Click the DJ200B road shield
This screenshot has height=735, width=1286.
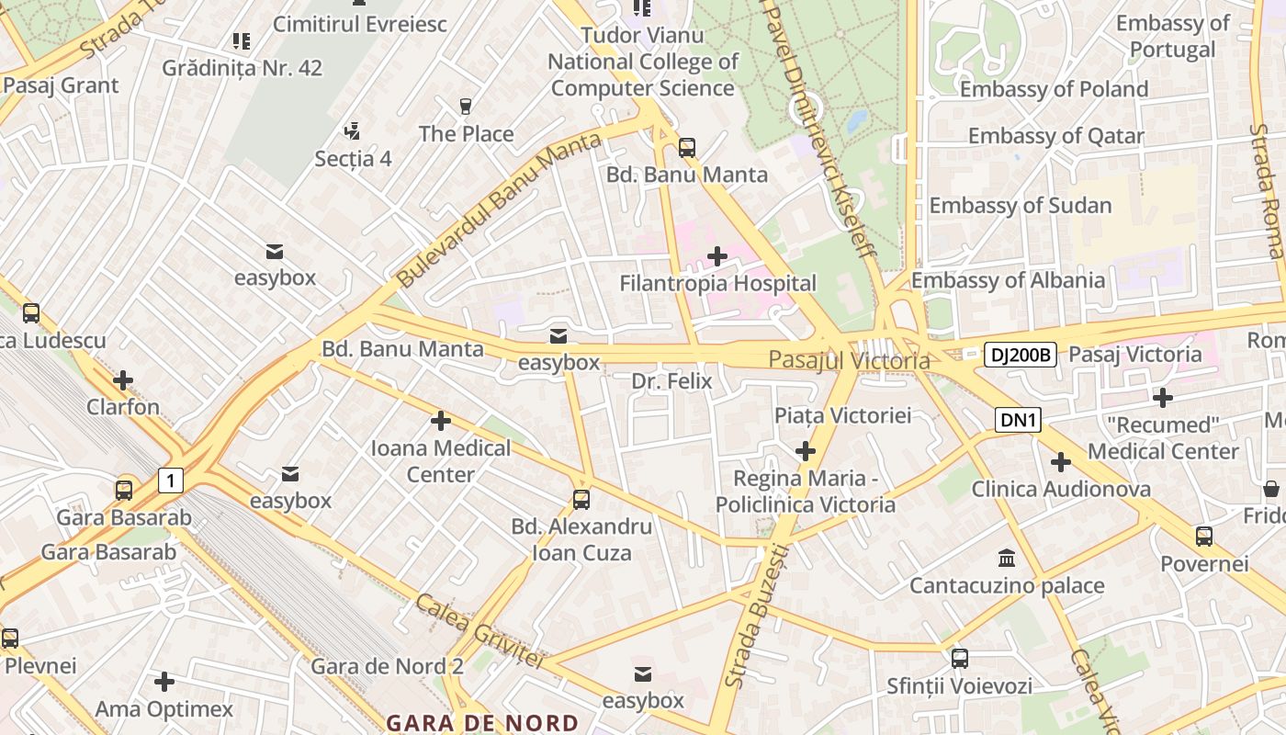tap(1021, 355)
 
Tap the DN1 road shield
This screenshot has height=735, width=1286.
tap(1018, 421)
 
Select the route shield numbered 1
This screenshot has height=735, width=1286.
tap(170, 480)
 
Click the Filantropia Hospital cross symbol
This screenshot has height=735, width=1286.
tap(717, 256)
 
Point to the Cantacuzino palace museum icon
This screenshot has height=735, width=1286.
tap(1006, 558)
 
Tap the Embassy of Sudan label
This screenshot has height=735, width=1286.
tap(1021, 206)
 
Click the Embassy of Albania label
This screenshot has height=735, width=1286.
tap(1008, 281)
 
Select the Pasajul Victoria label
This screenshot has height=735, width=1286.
tap(849, 360)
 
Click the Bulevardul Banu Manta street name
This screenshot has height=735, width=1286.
tap(499, 209)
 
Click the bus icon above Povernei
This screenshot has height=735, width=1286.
tap(1203, 536)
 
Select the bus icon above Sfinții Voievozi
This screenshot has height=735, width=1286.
tap(959, 658)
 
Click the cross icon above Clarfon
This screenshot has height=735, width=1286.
tap(123, 380)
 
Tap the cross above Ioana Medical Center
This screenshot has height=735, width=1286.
tap(441, 421)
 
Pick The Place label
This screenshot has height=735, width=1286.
tap(466, 134)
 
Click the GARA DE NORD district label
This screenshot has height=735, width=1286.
tap(482, 723)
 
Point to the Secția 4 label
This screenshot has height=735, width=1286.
tap(354, 159)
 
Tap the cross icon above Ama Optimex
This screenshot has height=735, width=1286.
tap(164, 682)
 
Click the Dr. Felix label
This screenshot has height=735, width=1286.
tap(671, 381)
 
